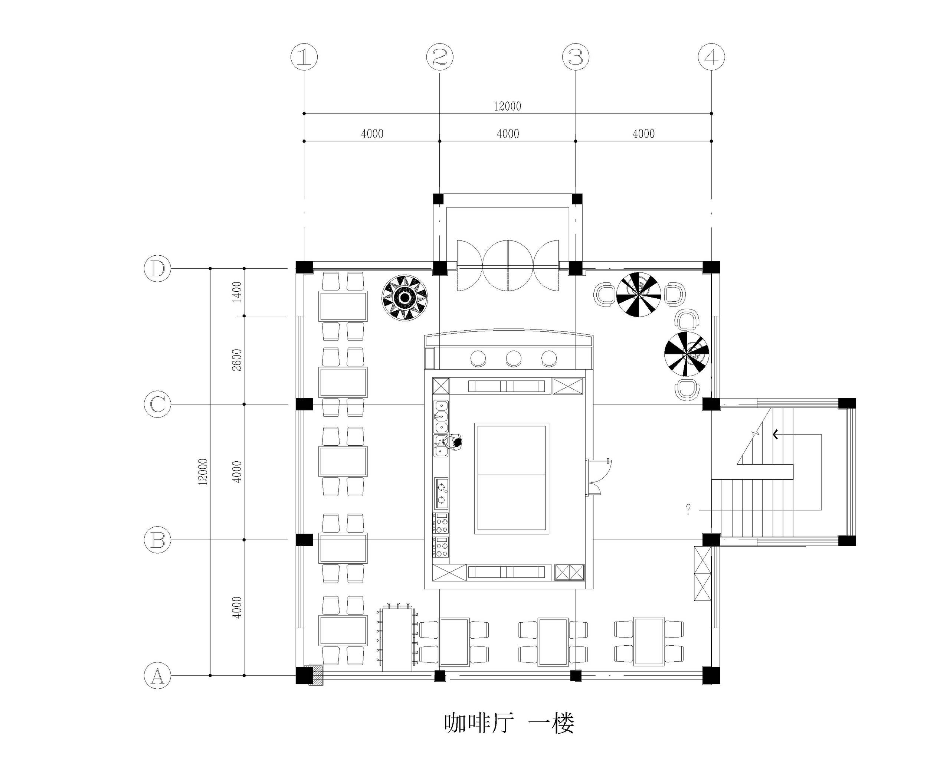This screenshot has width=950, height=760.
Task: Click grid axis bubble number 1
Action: click(x=304, y=57)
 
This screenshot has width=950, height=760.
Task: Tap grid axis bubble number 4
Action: click(x=711, y=57)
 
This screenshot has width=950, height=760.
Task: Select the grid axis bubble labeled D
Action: click(x=158, y=268)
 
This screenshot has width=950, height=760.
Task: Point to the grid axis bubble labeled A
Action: click(x=158, y=675)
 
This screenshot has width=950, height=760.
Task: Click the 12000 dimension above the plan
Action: click(x=507, y=106)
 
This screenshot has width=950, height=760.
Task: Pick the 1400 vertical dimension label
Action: click(x=237, y=292)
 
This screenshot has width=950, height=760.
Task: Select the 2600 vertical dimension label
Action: click(x=237, y=360)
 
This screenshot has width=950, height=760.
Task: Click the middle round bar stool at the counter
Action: click(x=513, y=358)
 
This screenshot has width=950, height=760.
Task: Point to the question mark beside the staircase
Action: click(x=688, y=510)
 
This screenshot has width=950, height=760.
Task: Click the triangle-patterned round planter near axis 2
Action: click(x=404, y=298)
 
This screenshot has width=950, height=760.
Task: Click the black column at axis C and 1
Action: click(x=304, y=404)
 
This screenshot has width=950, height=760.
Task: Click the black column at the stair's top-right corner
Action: click(x=846, y=404)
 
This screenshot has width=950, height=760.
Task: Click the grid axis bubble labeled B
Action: click(x=158, y=540)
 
